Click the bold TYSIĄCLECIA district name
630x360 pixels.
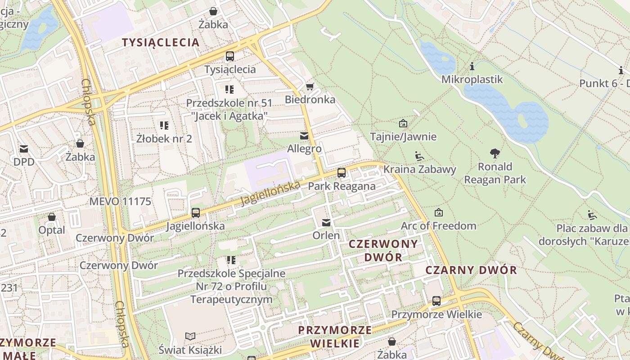click(x=161, y=42)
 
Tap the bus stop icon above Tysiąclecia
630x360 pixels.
click(x=230, y=56)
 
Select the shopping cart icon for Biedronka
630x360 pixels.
click(x=310, y=86)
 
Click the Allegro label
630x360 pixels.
click(x=305, y=148)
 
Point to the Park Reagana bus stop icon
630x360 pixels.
click(x=342, y=173)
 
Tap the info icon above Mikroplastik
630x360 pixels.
click(x=472, y=67)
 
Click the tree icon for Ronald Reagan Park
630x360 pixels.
click(x=495, y=153)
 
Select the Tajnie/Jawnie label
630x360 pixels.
click(x=403, y=136)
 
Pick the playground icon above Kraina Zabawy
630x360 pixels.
click(x=419, y=156)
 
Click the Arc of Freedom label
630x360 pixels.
click(x=438, y=225)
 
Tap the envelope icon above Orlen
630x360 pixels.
click(x=326, y=222)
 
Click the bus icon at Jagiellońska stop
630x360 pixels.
click(x=195, y=213)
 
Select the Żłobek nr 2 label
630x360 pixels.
click(x=164, y=139)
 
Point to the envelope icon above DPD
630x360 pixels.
click(x=23, y=148)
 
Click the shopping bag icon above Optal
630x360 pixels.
click(x=52, y=217)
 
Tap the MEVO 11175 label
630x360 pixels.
click(x=120, y=201)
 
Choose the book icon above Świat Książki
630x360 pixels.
click(x=190, y=336)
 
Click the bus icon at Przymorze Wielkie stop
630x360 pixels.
click(x=436, y=301)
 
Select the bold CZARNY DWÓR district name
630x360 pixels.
click(x=471, y=270)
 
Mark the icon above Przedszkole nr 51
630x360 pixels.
click(x=229, y=89)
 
